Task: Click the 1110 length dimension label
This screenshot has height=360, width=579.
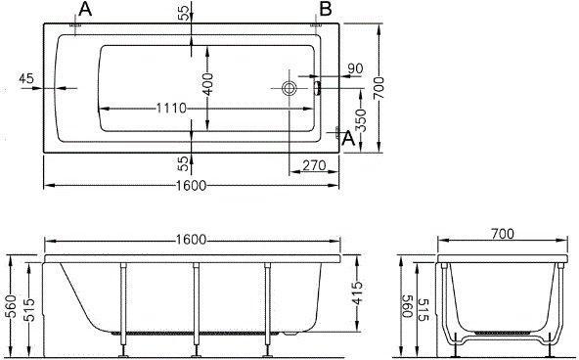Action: click(171, 109)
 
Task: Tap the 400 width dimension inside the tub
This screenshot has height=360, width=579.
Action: click(208, 84)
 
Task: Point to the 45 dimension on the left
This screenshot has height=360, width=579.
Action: click(26, 78)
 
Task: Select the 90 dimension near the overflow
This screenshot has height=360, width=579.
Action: click(355, 68)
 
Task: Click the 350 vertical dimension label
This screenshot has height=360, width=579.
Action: click(361, 120)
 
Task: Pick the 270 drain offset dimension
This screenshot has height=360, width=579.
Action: click(314, 165)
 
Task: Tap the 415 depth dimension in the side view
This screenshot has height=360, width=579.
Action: click(357, 292)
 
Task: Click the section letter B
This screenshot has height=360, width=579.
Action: click(326, 9)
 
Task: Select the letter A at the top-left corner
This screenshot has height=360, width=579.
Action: click(85, 9)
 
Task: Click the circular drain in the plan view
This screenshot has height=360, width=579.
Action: click(289, 88)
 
